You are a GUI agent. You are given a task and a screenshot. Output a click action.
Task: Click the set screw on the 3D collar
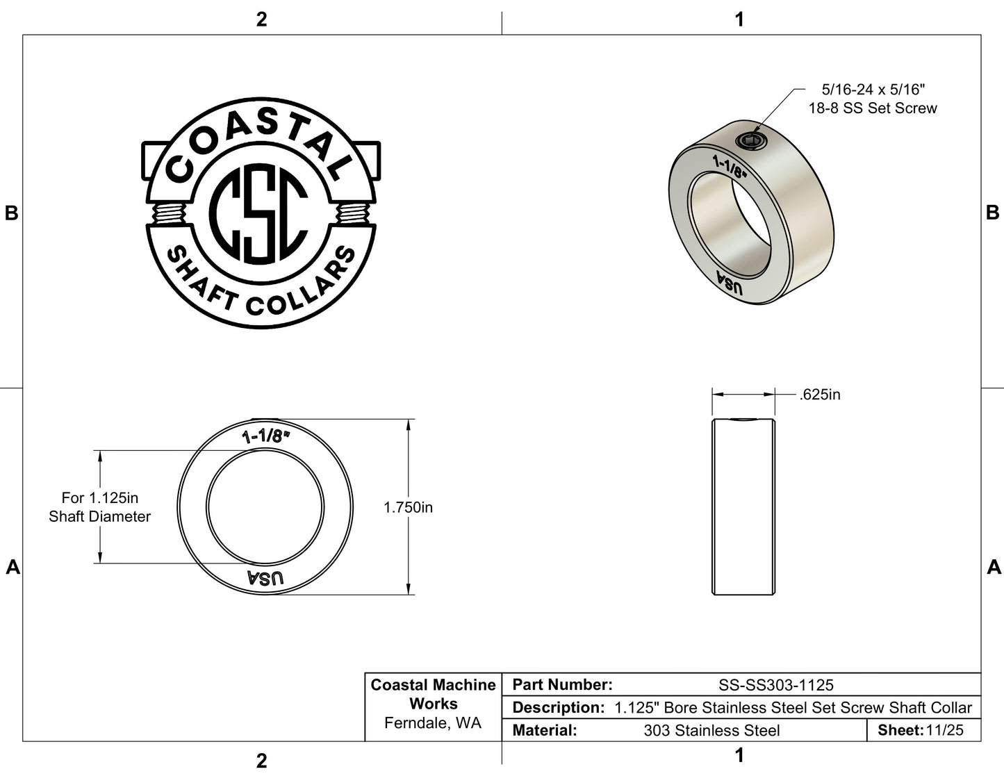(751, 141)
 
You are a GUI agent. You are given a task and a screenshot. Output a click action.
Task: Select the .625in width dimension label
(820, 395)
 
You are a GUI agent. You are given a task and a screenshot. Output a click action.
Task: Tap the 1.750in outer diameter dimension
(408, 507)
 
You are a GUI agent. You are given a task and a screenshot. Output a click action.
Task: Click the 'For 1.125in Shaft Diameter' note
(100, 506)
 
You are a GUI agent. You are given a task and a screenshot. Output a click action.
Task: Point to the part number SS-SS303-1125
(776, 684)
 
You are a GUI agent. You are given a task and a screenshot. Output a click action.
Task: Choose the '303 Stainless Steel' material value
(711, 730)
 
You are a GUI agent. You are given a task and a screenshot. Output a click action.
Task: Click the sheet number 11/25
(945, 730)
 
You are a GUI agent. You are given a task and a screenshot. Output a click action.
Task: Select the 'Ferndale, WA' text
(433, 723)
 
